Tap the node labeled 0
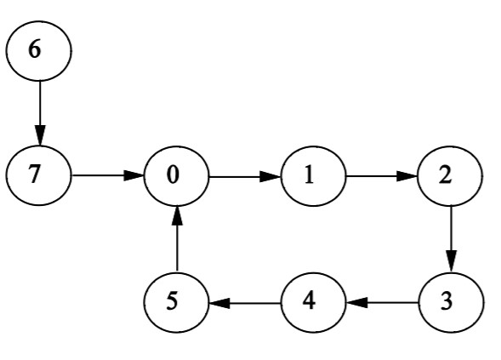(176, 176)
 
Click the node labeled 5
(176, 302)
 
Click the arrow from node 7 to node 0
(107, 176)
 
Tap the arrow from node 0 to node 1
(244, 176)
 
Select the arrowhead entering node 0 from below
(176, 216)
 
